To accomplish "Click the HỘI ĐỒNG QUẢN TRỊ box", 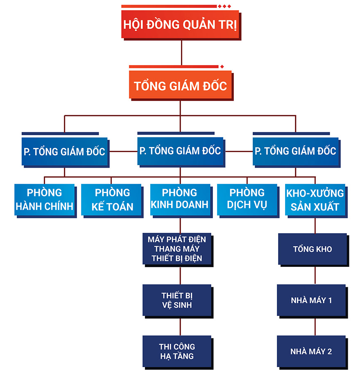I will tap(180, 24).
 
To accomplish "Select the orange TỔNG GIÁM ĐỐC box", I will tap(180, 86).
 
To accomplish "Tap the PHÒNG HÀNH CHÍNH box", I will tap(45, 199).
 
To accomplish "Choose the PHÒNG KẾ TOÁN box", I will tap(112, 199).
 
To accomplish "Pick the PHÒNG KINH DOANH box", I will tap(180, 199).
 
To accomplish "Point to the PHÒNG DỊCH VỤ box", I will tap(247, 199).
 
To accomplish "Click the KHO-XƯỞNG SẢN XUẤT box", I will tap(315, 199).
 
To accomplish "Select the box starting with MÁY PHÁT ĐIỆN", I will tap(177, 249).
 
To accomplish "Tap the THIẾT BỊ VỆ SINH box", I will tap(177, 300).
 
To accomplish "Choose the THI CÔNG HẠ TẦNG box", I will tap(177, 351).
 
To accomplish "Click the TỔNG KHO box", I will tap(312, 249).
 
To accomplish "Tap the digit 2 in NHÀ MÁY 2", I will tap(329, 352).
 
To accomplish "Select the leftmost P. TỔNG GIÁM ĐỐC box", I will tap(64, 151).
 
